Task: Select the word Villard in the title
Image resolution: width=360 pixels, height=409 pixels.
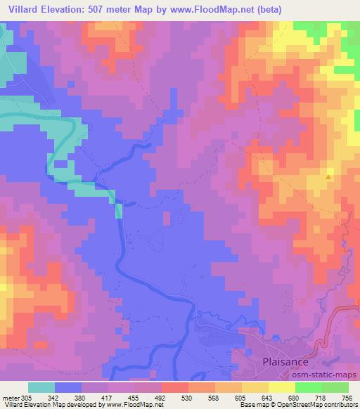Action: (x=23, y=9)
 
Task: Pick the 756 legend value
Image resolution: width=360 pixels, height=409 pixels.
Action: (x=346, y=397)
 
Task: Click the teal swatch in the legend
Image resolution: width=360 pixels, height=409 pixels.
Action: (x=41, y=387)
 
